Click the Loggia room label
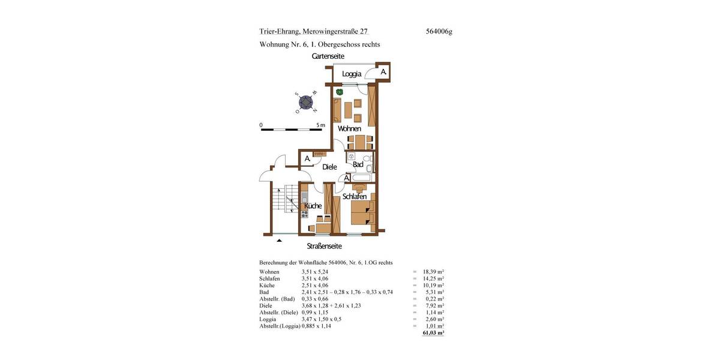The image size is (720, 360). (x=352, y=74)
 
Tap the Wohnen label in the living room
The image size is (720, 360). (x=349, y=128)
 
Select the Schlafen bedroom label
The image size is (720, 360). (x=355, y=197)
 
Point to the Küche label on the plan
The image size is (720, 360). (x=313, y=206)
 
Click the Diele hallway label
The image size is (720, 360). (x=329, y=167)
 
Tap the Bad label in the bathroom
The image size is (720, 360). (x=358, y=164)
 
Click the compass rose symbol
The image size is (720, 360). (x=307, y=103)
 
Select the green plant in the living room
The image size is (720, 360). (x=339, y=92)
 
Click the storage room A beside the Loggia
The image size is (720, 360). (x=383, y=72)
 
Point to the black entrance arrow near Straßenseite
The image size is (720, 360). (x=279, y=241)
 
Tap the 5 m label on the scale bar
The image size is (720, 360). (x=320, y=125)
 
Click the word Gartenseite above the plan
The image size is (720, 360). (x=328, y=56)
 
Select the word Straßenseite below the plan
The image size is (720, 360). (x=325, y=245)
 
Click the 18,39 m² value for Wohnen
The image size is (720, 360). (x=432, y=272)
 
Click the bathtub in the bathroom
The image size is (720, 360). (x=363, y=178)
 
